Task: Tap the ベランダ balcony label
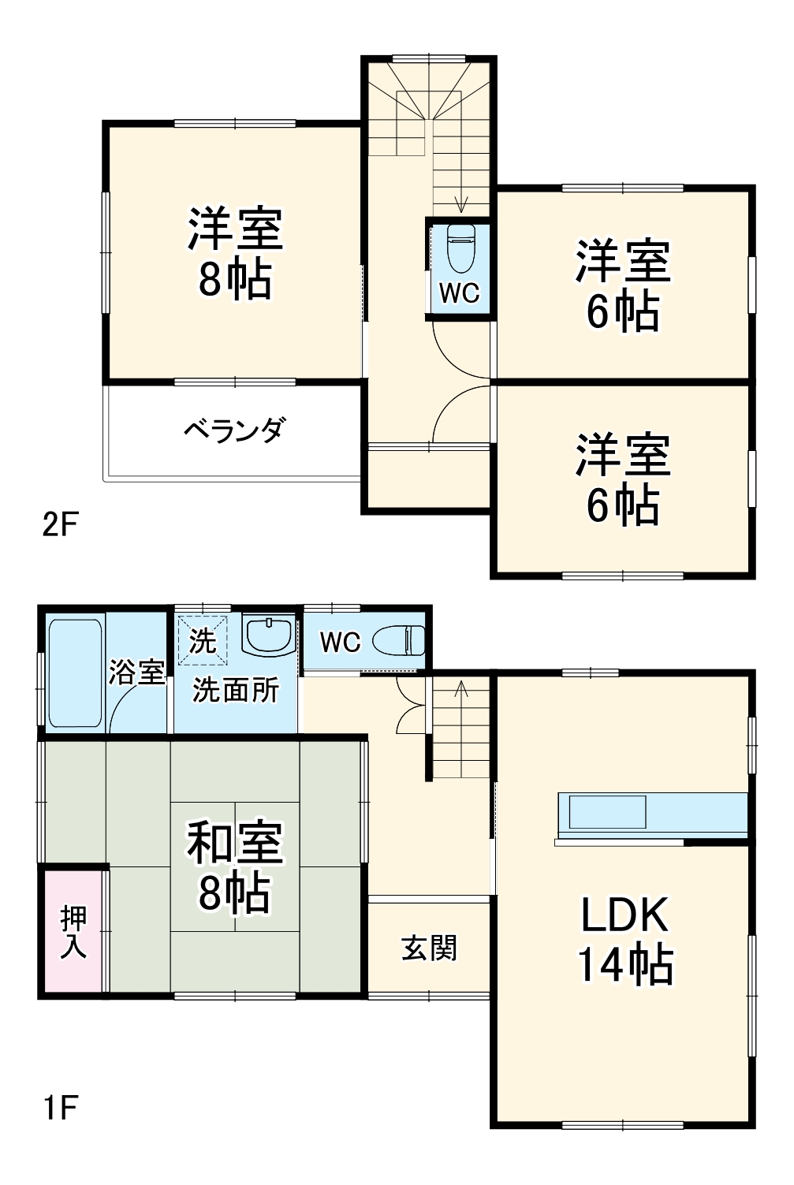[234, 430]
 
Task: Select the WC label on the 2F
[459, 293]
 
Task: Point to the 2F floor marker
[61, 524]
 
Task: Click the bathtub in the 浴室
[76, 672]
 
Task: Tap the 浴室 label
[136, 673]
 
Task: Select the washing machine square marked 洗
[203, 639]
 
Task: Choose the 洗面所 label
[236, 691]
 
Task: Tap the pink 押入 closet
[73, 931]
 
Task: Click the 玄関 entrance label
[429, 948]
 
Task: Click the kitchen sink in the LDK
[607, 812]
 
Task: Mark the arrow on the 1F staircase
[460, 690]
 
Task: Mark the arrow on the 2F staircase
[461, 203]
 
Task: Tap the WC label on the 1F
[340, 642]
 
